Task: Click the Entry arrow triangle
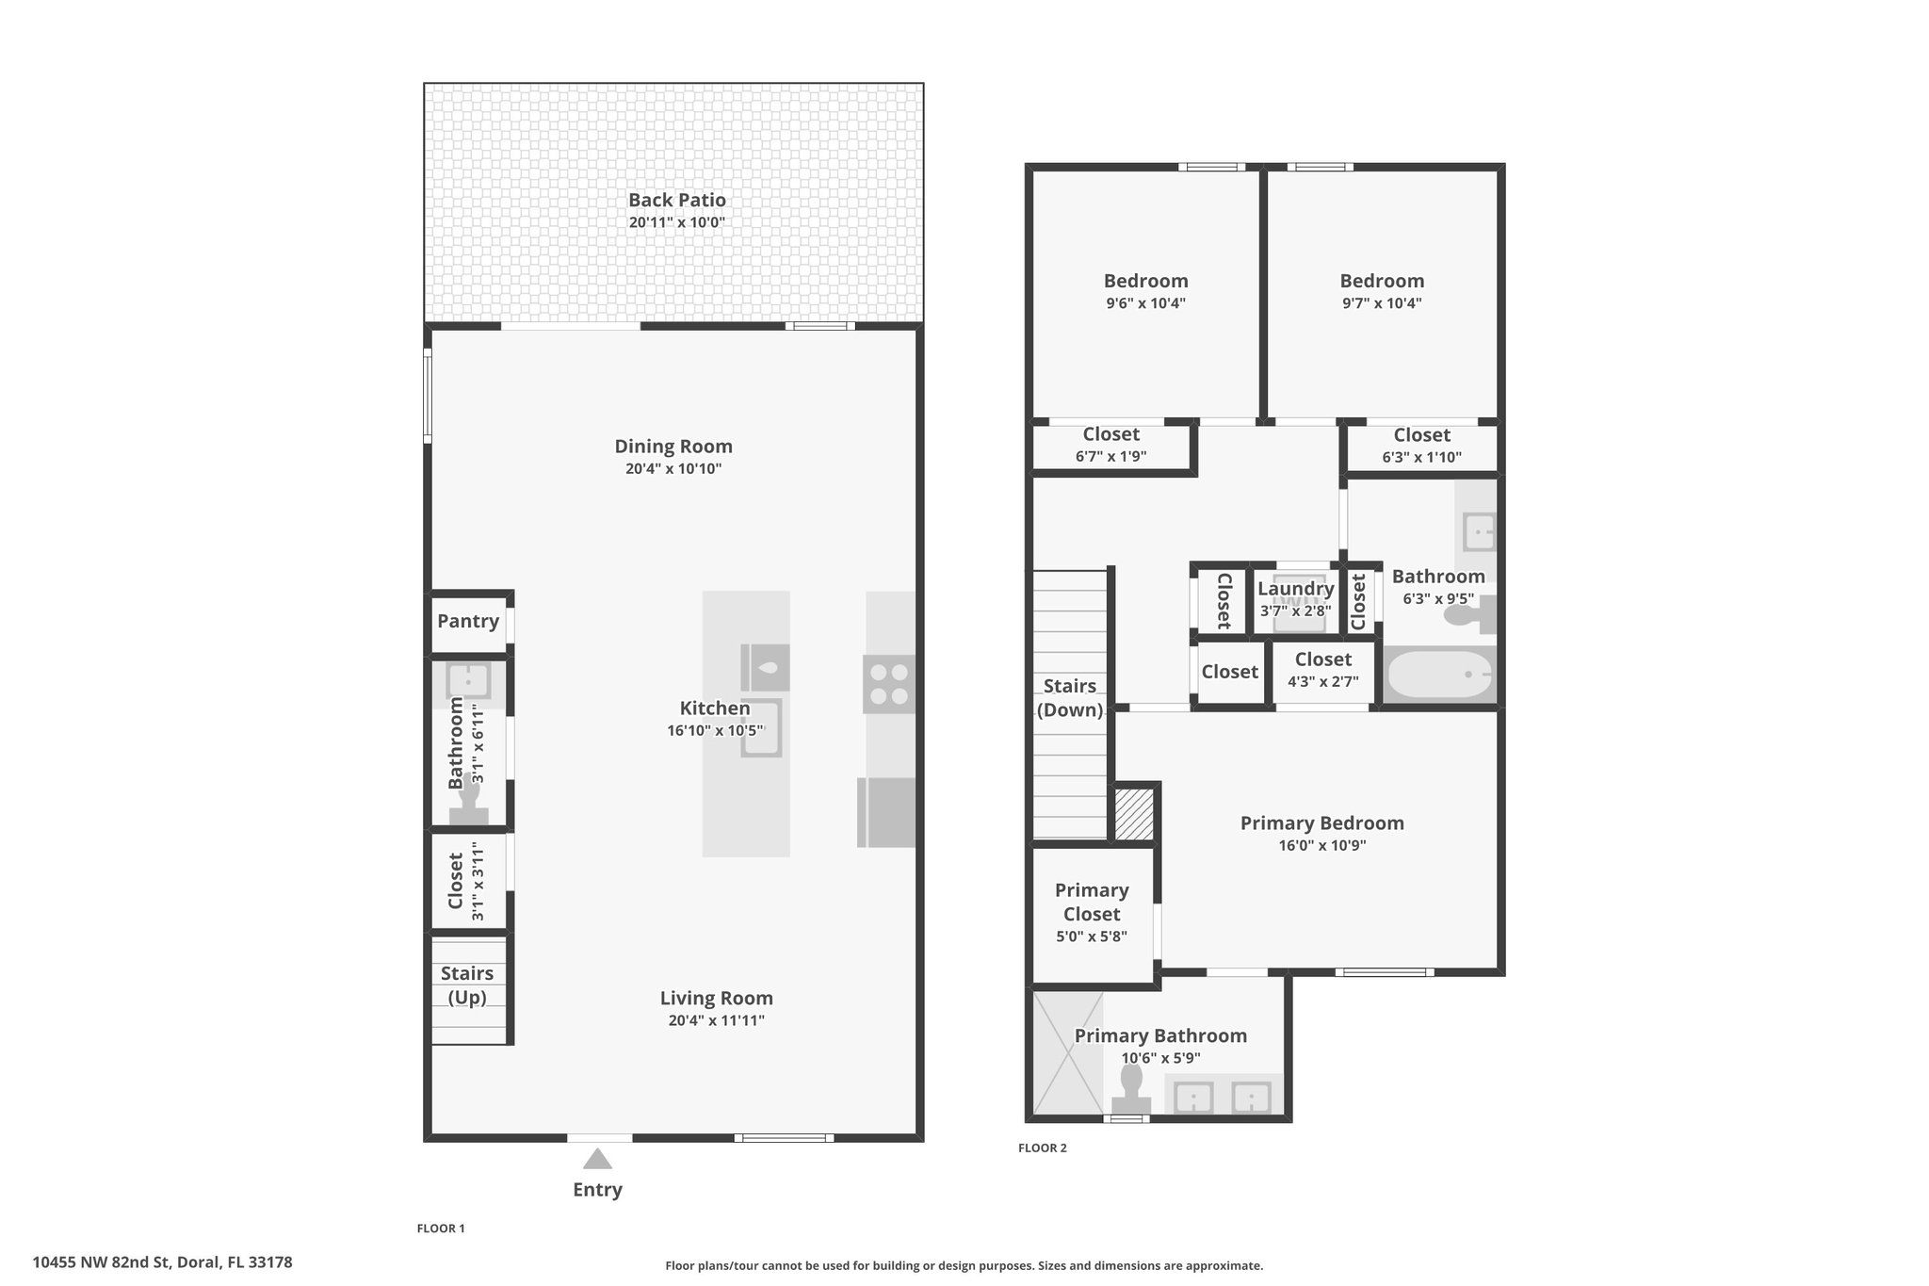597,1159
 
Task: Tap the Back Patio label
677,200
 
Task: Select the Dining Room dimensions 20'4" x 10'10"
673,469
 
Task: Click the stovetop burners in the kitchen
889,684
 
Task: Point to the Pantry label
468,621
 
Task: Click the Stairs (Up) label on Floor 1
467,985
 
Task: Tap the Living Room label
717,998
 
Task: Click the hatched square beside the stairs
1134,814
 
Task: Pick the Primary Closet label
1092,902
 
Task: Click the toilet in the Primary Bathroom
1131,1089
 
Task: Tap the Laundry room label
1296,589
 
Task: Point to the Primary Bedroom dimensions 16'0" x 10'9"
1322,846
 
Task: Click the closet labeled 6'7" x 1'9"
1111,446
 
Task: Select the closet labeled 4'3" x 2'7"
1322,670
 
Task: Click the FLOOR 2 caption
1043,1148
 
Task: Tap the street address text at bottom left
163,1262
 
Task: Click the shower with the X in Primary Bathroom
1068,1051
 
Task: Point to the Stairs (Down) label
1070,698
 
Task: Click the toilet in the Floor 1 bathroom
468,798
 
